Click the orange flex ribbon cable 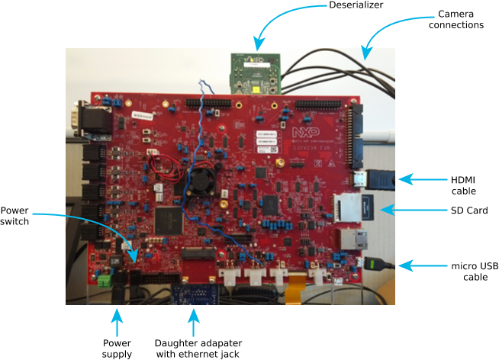point(294,294)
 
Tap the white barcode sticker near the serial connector point(143,115)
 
